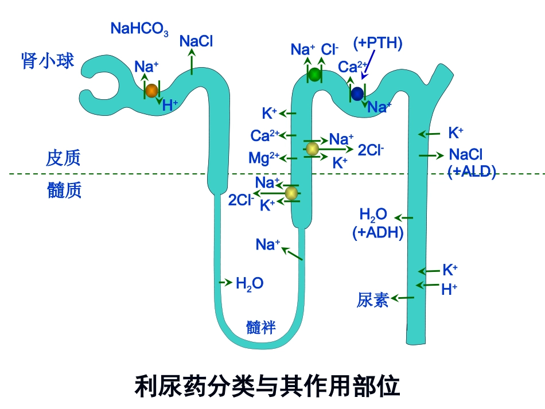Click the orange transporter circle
(x=151, y=90)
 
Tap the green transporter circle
(x=314, y=74)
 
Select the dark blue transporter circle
(x=357, y=94)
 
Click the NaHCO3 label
(x=139, y=29)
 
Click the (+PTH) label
(x=377, y=43)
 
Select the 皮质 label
(x=63, y=158)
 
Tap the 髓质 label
(x=64, y=190)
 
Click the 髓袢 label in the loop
(x=261, y=327)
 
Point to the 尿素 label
(x=373, y=299)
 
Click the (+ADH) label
(x=378, y=232)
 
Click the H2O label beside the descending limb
(x=250, y=283)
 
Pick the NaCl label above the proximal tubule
(x=196, y=41)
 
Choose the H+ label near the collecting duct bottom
(x=449, y=290)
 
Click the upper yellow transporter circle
(x=312, y=149)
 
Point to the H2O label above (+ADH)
(x=373, y=215)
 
